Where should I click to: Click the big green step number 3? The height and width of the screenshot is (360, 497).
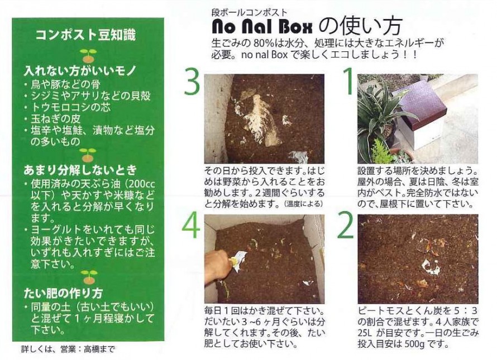(x=192, y=83)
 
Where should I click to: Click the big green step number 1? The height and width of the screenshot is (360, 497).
(x=348, y=81)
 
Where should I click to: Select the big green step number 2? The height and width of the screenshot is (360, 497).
(x=345, y=225)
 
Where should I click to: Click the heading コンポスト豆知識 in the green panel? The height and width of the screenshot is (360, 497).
(x=85, y=35)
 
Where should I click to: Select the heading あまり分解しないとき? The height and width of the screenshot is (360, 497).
(x=80, y=170)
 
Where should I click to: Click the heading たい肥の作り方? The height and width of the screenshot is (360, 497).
(x=64, y=293)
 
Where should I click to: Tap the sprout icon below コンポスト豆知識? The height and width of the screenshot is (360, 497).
(x=88, y=56)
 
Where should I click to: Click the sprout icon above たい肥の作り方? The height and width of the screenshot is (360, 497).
(x=89, y=277)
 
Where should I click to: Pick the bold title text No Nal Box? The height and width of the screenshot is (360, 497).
(x=262, y=27)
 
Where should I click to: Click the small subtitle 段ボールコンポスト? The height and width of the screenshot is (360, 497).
(x=249, y=13)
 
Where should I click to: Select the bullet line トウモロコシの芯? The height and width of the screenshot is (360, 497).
(x=71, y=107)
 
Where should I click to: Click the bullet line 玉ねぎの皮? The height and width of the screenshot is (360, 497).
(x=56, y=119)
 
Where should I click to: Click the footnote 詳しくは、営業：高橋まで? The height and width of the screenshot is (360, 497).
(x=68, y=349)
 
